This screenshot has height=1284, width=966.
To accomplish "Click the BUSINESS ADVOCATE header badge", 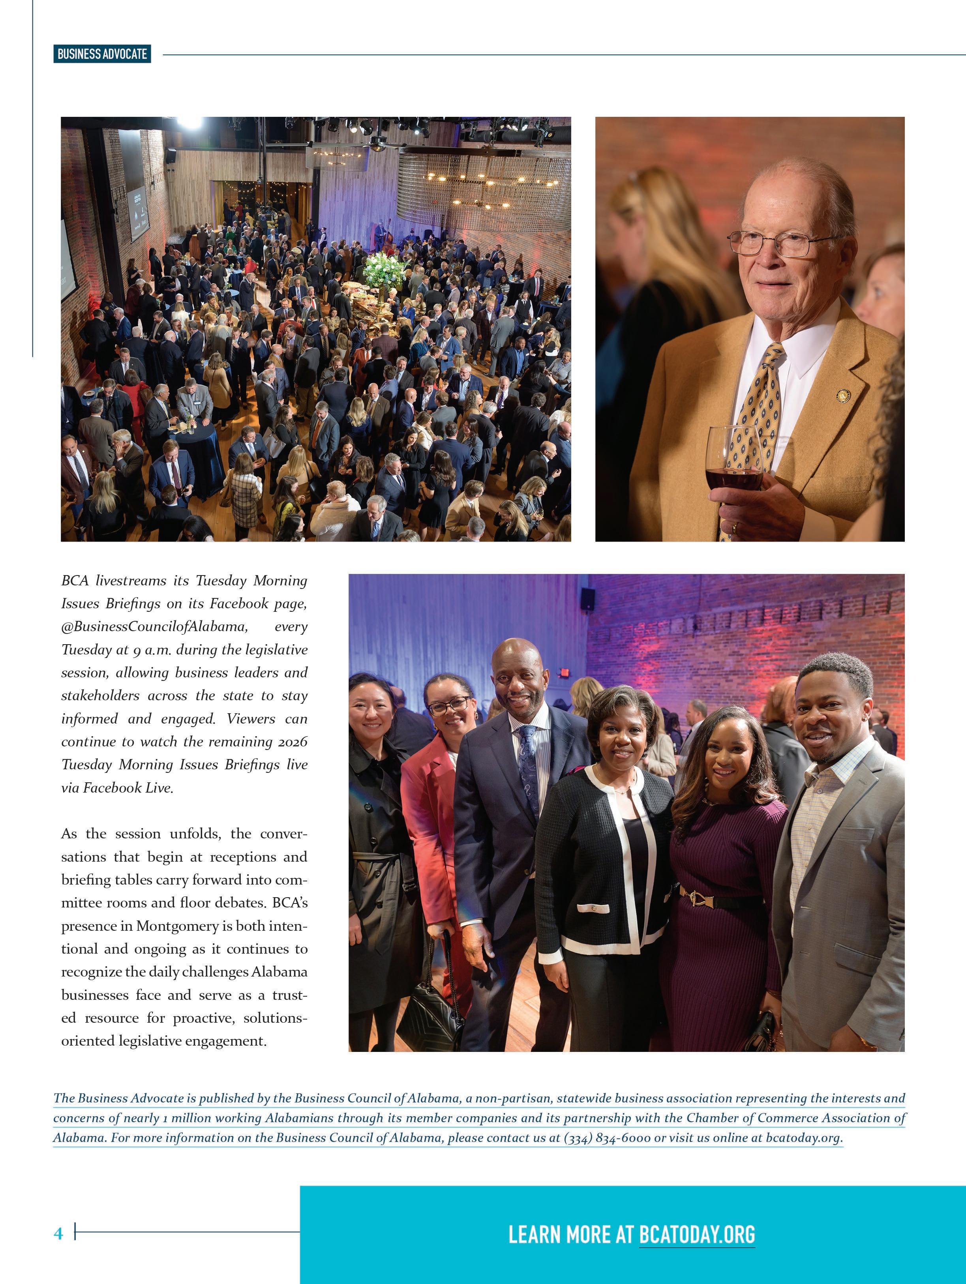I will point(102,54).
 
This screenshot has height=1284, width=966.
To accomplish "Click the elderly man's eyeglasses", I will point(778,243).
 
